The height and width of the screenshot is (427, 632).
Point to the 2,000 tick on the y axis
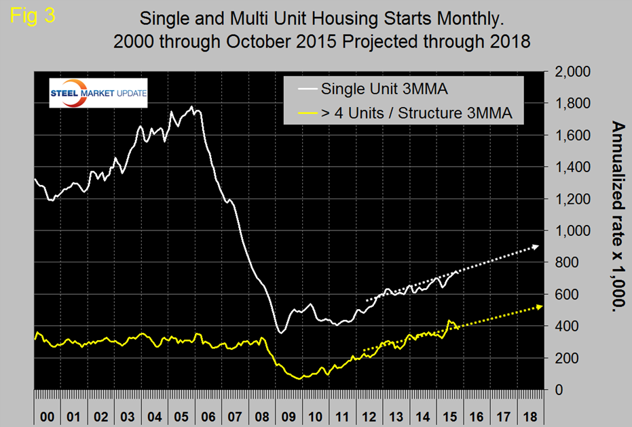(573, 72)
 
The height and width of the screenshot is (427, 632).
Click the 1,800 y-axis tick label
(573, 104)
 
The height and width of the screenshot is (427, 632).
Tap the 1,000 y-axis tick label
(573, 231)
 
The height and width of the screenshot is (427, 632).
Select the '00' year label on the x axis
(47, 415)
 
